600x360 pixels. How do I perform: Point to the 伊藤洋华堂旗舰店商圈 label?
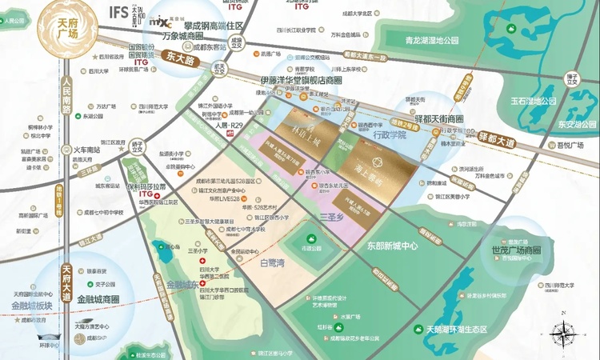[300, 81]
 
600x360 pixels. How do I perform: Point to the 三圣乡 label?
[330, 217]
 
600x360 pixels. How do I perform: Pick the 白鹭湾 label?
[272, 261]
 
